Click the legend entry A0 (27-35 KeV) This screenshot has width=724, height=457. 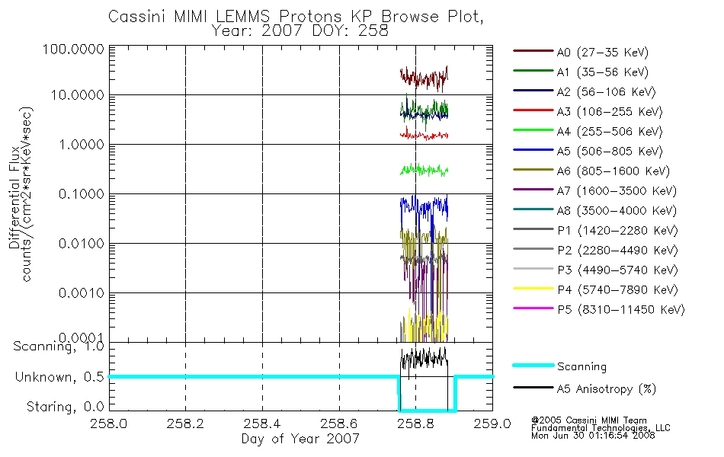point(602,52)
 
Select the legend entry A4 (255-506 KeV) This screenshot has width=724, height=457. point(610,132)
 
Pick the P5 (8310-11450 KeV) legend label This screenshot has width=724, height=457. point(621,309)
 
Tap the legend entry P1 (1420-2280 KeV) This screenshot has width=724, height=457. point(617,230)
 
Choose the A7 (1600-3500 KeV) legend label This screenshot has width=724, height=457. point(617,190)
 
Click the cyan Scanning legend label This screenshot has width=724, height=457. point(581,366)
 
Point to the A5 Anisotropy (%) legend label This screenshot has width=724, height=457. point(607,389)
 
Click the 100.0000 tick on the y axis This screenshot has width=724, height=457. point(73,49)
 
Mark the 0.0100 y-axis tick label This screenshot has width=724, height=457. point(82,243)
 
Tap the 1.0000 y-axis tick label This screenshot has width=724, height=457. point(82,145)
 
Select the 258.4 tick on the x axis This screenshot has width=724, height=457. point(262,423)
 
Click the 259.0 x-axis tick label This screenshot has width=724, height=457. point(492,423)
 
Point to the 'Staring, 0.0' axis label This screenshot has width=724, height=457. point(65,407)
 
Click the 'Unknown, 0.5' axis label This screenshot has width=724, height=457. point(59,377)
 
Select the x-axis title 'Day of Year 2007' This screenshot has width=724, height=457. point(300,439)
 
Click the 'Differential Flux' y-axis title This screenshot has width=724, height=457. point(14,197)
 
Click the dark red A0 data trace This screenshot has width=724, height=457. point(424,78)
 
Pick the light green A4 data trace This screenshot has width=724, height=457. point(424,170)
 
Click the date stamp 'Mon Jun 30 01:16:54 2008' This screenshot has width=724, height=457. point(593,436)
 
